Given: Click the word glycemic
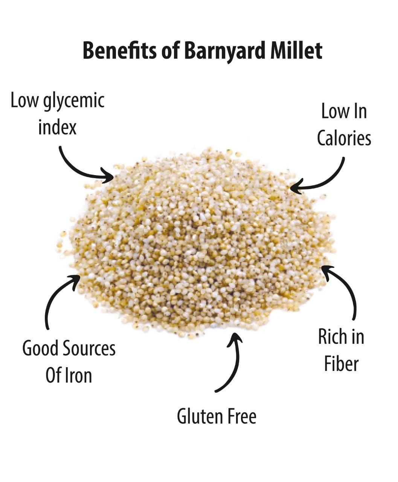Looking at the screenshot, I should click(x=74, y=102).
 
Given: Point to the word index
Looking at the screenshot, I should click(x=57, y=127).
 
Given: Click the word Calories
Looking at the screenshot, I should click(x=344, y=138).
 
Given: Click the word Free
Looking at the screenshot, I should click(x=242, y=416).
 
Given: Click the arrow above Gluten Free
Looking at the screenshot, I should click(x=232, y=361).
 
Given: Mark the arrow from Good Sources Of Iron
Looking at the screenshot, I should click(x=56, y=297).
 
